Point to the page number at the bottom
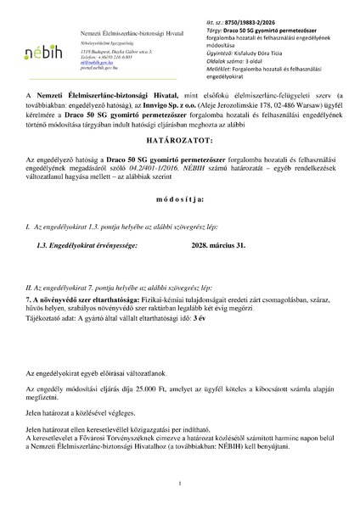(x=180, y=484)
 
